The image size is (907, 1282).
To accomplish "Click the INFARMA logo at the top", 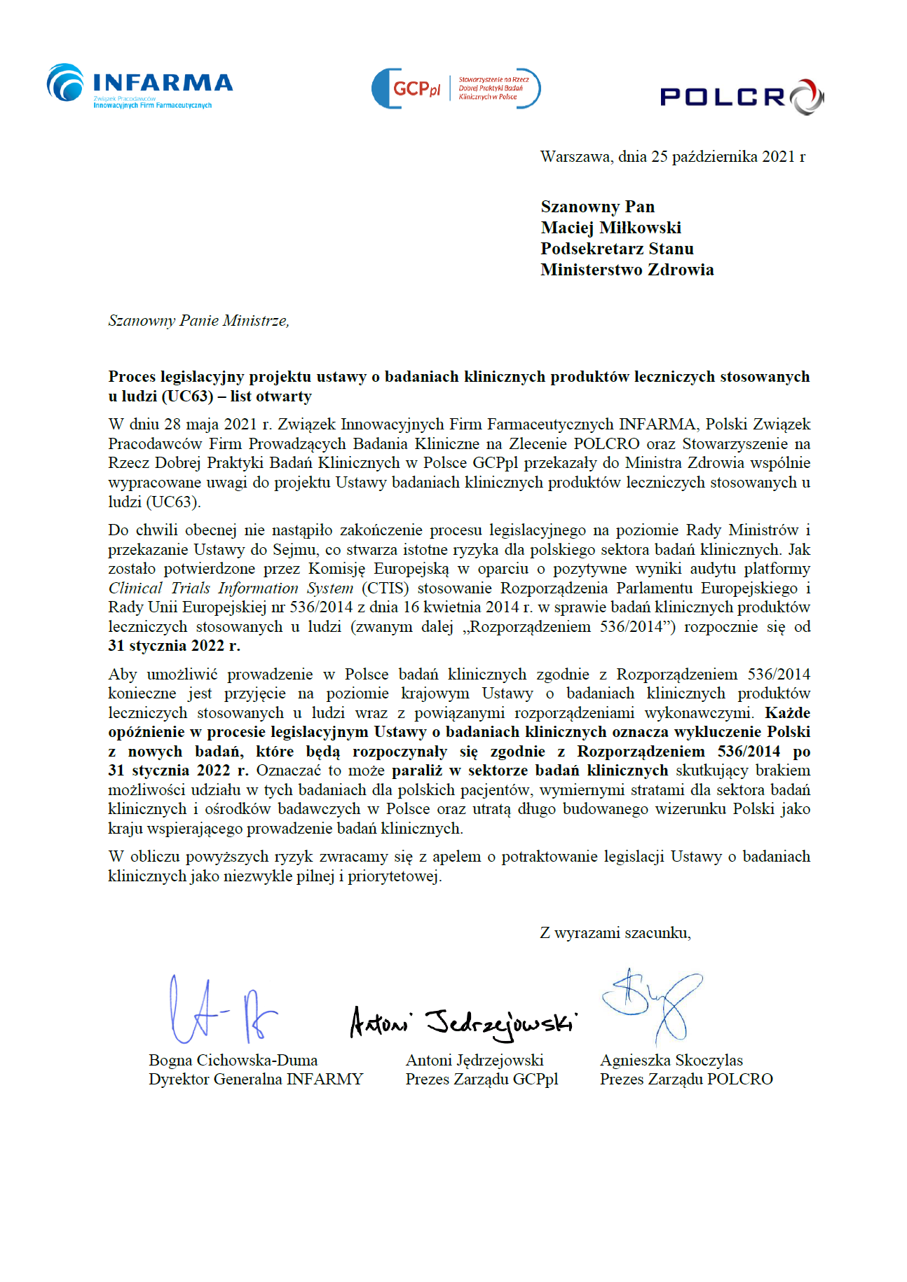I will tap(139, 86).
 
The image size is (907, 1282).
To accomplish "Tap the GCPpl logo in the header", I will tap(456, 88).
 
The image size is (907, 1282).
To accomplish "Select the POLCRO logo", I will tap(742, 97).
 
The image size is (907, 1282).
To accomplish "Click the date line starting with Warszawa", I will tap(672, 156).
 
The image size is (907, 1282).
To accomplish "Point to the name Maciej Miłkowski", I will tap(611, 228).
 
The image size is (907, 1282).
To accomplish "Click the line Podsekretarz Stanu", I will tap(617, 249).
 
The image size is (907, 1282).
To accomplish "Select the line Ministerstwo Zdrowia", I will tap(627, 270).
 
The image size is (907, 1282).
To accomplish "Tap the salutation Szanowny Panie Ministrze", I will tap(198, 321).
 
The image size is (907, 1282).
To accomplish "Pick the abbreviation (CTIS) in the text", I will tap(385, 588).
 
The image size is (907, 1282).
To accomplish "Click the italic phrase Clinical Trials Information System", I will tap(231, 588).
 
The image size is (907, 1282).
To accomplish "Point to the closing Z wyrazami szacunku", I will tap(615, 932).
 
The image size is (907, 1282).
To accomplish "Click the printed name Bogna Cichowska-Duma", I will tap(233, 1060).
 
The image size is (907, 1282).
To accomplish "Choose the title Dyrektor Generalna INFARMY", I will tap(256, 1079).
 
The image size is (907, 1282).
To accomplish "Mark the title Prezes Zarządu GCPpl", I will tap(482, 1079).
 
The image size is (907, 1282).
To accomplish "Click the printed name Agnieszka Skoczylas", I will tap(671, 1060).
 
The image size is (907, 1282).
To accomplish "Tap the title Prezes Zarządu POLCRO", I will tap(686, 1079).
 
